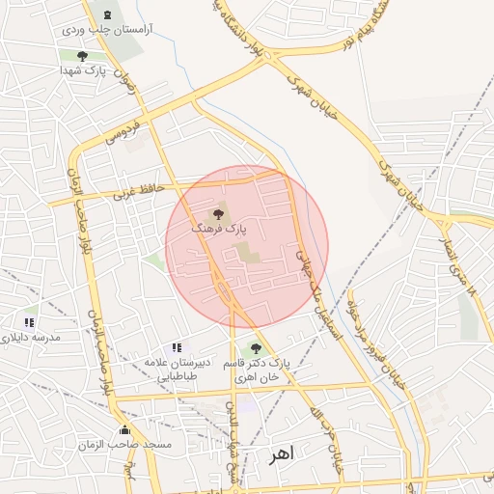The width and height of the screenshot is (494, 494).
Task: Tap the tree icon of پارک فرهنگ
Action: tap(217, 210)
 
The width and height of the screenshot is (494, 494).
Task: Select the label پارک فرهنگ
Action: tap(219, 229)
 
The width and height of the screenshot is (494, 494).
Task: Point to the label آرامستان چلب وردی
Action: tap(101, 31)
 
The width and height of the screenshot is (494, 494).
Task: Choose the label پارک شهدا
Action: tap(81, 70)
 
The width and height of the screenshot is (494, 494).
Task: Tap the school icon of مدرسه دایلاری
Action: tap(30, 321)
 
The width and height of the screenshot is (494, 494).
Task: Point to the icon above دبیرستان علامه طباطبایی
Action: tap(176, 346)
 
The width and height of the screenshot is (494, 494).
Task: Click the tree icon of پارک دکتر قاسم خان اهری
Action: tap(255, 348)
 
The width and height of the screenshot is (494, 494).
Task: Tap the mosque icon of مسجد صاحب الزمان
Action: tap(123, 430)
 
